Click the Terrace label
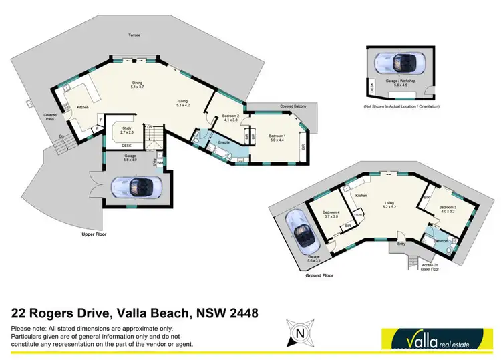click(135, 35)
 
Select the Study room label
click(127, 131)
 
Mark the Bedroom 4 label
click(331, 214)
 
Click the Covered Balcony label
click(294, 106)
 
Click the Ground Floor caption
click(318, 275)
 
